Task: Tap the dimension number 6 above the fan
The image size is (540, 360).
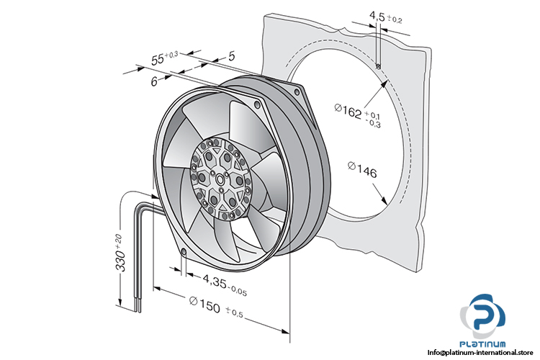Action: coord(154,82)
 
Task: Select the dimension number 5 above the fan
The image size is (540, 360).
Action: coord(231,54)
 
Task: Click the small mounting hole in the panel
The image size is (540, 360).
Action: coord(378,66)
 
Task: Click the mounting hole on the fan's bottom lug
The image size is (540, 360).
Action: coord(183,252)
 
